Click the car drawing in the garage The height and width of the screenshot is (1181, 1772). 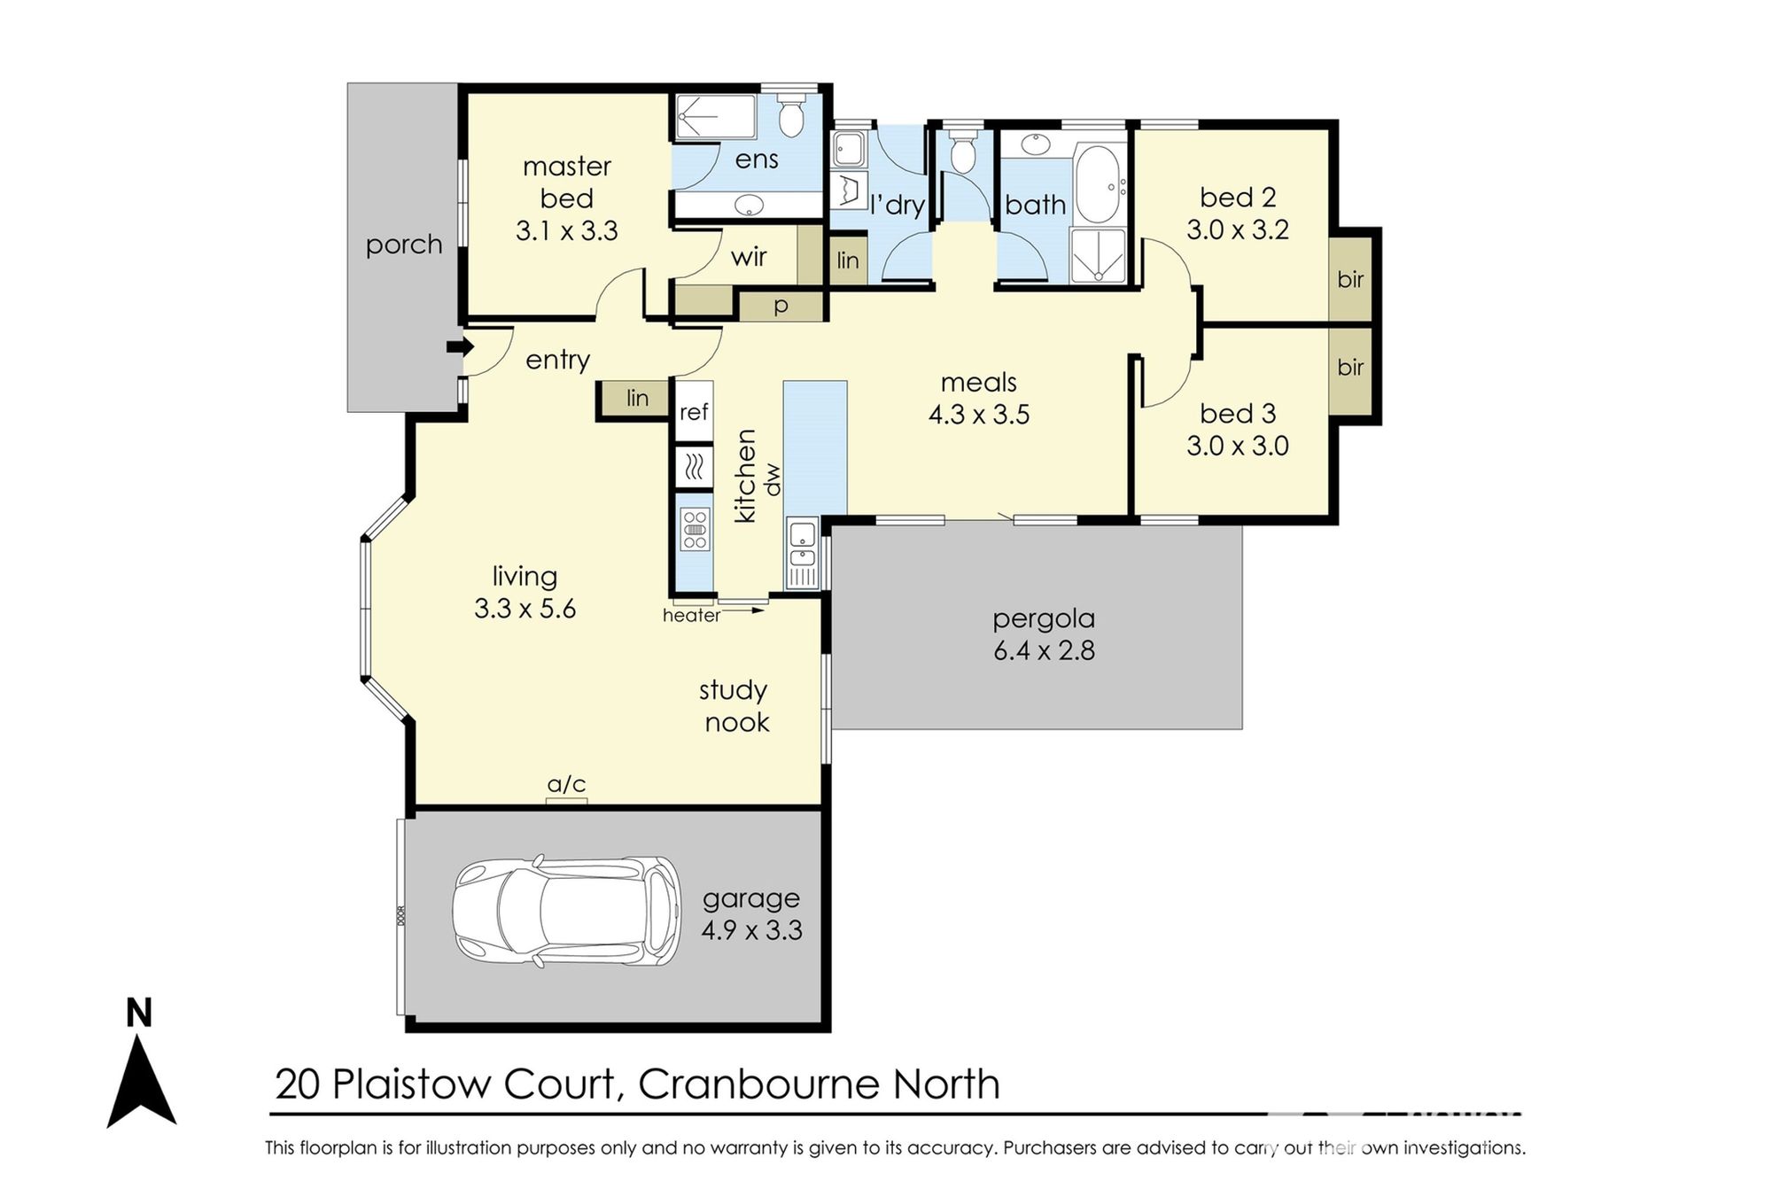[567, 912]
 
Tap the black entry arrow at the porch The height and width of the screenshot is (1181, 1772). [455, 347]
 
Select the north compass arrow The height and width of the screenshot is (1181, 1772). [142, 1082]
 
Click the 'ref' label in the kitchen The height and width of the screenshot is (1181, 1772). [695, 412]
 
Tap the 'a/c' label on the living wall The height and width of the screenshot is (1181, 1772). [567, 785]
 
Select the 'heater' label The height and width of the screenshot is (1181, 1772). [691, 615]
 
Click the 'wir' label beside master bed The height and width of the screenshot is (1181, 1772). [749, 258]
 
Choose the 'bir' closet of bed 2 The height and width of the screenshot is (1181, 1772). [1350, 278]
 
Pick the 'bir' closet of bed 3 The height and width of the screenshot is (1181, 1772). [1350, 367]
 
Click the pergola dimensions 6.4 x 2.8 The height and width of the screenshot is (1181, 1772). [1044, 651]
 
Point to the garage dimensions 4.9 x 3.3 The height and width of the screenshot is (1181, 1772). [751, 931]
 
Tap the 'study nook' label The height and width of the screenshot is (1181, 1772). [734, 706]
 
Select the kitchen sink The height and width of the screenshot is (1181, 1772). [803, 546]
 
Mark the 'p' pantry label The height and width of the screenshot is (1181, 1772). [781, 307]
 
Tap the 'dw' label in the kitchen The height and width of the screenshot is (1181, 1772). [773, 479]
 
